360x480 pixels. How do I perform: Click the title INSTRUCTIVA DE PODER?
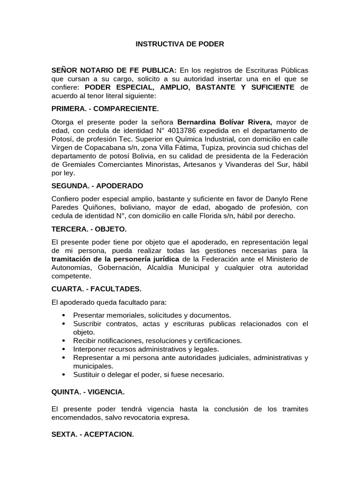click(180, 44)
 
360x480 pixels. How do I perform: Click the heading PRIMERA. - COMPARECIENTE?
click(105, 108)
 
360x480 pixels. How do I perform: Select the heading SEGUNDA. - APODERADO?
click(97, 186)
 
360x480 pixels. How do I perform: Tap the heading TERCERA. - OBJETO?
click(89, 229)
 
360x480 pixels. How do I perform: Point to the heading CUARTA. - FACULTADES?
click(96, 288)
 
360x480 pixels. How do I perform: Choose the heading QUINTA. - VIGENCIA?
click(88, 391)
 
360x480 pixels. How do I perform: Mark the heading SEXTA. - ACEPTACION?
click(92, 435)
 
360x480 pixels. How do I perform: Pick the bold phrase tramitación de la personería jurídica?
click(115, 259)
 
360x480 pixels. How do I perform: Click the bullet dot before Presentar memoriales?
click(63, 315)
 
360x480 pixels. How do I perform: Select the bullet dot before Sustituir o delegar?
click(63, 375)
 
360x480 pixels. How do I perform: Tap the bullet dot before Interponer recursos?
click(63, 349)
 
